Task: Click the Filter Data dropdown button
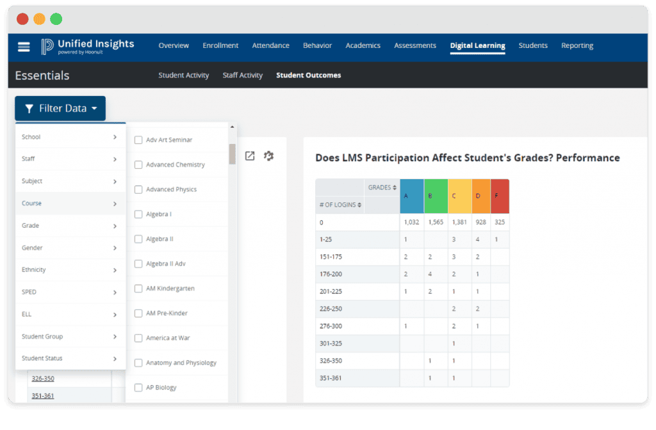pyautogui.click(x=60, y=109)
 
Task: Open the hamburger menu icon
pyautogui.click(x=24, y=46)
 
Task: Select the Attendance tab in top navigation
pyautogui.click(x=270, y=45)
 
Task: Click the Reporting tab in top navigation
pyautogui.click(x=577, y=45)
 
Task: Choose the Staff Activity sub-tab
pyautogui.click(x=242, y=76)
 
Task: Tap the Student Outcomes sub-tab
pyautogui.click(x=308, y=76)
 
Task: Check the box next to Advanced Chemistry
pyautogui.click(x=138, y=164)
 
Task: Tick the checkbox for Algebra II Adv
pyautogui.click(x=138, y=264)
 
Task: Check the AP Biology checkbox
pyautogui.click(x=138, y=387)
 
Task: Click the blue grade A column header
pyautogui.click(x=411, y=196)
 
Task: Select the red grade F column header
pyautogui.click(x=500, y=196)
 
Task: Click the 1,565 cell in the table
pyautogui.click(x=436, y=222)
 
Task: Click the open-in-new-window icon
pyautogui.click(x=250, y=155)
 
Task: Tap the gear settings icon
pyautogui.click(x=268, y=155)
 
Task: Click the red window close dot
pyautogui.click(x=22, y=19)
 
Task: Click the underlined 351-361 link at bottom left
pyautogui.click(x=43, y=395)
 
